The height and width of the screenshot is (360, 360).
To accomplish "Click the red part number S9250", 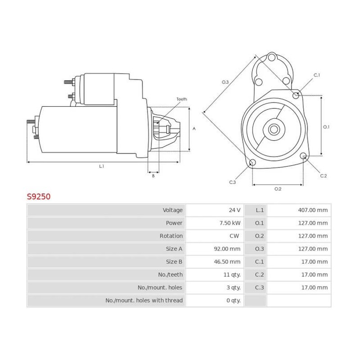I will (39, 197).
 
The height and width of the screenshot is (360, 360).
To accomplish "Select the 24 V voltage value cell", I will (234, 210).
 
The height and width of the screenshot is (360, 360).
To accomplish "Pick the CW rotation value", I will (234, 236).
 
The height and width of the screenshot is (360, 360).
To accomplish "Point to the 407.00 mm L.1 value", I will (313, 210).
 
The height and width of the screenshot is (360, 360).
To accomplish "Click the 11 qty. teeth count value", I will (233, 274).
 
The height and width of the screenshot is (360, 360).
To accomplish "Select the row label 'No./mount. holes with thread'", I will (144, 301).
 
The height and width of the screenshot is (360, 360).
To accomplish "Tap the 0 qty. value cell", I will (234, 301).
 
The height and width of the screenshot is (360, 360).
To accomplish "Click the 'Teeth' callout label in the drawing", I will (181, 99).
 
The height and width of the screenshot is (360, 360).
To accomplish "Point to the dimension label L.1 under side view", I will (102, 166).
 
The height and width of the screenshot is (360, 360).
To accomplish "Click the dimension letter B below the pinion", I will (153, 176).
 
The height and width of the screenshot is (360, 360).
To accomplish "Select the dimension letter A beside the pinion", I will (194, 129).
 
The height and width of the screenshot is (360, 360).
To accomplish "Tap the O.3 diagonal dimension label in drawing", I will (225, 82).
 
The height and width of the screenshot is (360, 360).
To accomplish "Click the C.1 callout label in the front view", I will (317, 75).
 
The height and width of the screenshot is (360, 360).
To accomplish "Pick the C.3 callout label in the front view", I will (233, 182).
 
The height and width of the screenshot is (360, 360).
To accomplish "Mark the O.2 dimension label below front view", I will (278, 189).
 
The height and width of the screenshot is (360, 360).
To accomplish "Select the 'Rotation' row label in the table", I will (171, 236).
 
